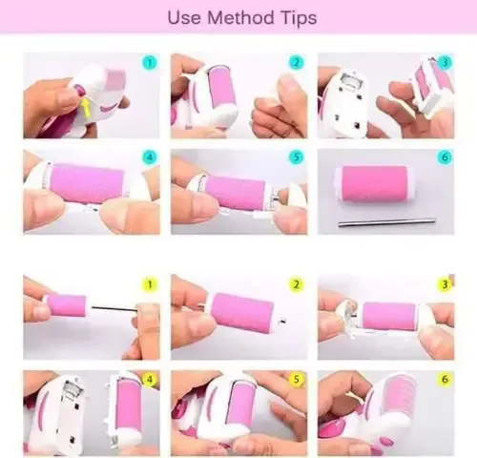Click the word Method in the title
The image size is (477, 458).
coord(240,17)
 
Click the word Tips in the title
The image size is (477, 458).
coord(299,18)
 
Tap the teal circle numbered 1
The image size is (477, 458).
coord(150,62)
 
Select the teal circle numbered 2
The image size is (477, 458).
coord(297,62)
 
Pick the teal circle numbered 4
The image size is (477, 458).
coord(150,156)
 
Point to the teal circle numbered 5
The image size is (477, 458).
coord(297,156)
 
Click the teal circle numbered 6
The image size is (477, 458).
coord(445,156)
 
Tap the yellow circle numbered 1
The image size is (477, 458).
coord(150,284)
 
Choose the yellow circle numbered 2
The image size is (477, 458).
coord(297,284)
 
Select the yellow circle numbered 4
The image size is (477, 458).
coord(150,379)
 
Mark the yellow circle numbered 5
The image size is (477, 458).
coord(297,379)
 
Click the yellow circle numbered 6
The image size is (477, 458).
coord(445,379)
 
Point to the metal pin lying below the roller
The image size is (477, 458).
coord(386,222)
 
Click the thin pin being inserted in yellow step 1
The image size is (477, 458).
coord(114,308)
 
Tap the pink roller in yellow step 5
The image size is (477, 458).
coord(243,402)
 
